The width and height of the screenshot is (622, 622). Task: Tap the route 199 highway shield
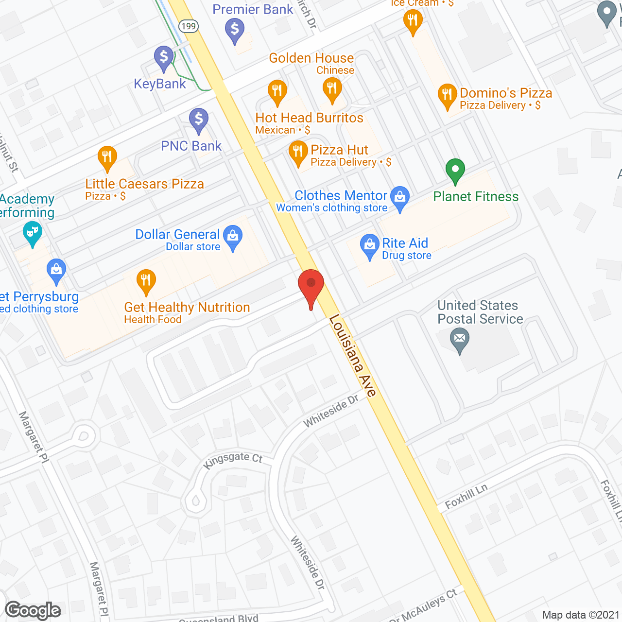(x=188, y=26)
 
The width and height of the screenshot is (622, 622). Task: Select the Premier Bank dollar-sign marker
(x=235, y=30)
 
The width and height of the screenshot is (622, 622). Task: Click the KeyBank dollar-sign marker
(x=164, y=57)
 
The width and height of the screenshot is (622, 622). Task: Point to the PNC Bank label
(x=191, y=146)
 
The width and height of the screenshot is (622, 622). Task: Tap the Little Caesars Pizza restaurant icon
(x=107, y=157)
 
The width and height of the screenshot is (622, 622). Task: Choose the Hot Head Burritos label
(x=310, y=118)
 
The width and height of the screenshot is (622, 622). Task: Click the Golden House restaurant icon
(x=332, y=89)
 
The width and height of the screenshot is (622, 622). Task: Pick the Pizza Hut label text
(x=339, y=150)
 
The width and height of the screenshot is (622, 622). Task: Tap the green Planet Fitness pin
(x=455, y=170)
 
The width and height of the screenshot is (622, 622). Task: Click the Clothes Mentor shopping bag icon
(x=400, y=197)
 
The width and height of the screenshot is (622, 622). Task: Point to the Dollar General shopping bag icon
(x=233, y=237)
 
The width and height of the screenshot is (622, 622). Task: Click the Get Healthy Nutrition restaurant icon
(x=146, y=280)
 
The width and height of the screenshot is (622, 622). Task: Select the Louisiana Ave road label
(x=353, y=356)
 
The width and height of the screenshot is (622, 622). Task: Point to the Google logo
(x=33, y=610)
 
